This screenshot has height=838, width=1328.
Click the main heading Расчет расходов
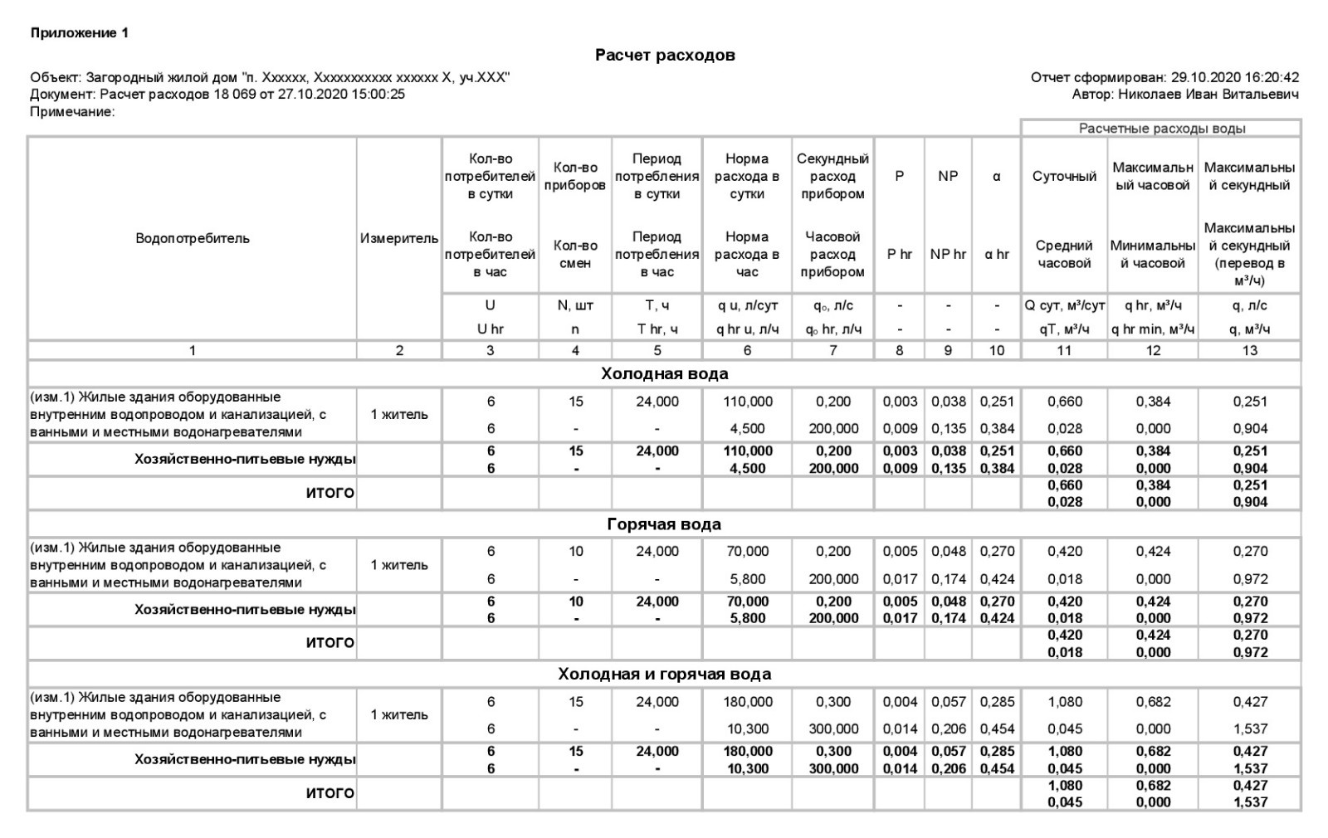coord(664,56)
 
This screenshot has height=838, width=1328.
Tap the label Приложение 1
coord(80,33)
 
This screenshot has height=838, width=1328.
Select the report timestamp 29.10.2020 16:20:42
coord(1235,77)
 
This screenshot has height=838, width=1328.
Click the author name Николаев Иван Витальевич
coord(1208,95)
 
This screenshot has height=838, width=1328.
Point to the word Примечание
coord(71,112)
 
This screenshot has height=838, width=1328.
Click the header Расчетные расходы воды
coord(1161,129)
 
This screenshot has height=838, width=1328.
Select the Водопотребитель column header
coord(192,238)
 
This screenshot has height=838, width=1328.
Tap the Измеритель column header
coord(399,238)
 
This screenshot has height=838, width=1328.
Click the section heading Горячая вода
coord(664,524)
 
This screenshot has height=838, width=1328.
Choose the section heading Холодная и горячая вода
coord(664,674)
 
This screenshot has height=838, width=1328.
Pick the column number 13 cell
coord(1249,350)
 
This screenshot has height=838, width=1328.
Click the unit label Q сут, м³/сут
coord(1064,305)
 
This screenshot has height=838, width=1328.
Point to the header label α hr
coord(996,255)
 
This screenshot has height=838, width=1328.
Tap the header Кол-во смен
coord(575,255)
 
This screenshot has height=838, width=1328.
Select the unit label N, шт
coord(575,305)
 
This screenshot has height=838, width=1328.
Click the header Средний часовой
coord(1064,255)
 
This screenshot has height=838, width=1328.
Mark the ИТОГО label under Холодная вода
coord(330,493)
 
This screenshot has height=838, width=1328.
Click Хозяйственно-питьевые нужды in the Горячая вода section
coord(245,610)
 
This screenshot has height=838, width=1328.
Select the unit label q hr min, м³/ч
coord(1153,329)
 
